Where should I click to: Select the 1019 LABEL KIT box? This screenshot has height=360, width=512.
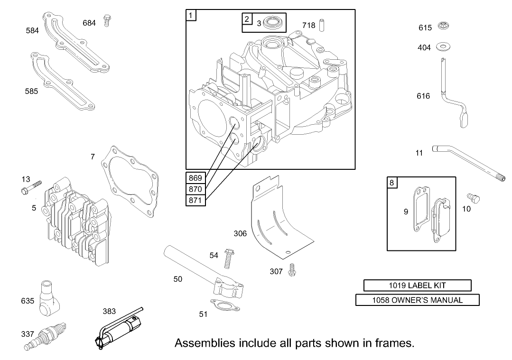pyautogui.click(x=417, y=286)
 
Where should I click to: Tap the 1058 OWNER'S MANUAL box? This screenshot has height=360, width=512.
pyautogui.click(x=417, y=300)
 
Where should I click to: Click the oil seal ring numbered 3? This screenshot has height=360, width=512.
pyautogui.click(x=273, y=22)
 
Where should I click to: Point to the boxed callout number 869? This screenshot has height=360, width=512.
pyautogui.click(x=195, y=178)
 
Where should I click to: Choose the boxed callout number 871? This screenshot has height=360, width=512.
pyautogui.click(x=195, y=201)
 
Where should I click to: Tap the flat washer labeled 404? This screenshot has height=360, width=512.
pyautogui.click(x=445, y=46)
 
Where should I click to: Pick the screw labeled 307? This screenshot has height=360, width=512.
pyautogui.click(x=293, y=269)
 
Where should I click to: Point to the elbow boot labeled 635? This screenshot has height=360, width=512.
pyautogui.click(x=48, y=297)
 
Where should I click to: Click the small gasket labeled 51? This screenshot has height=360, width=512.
pyautogui.click(x=225, y=306)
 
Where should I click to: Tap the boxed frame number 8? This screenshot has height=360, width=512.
pyautogui.click(x=392, y=182)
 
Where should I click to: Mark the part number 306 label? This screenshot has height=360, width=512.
pyautogui.click(x=240, y=233)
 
